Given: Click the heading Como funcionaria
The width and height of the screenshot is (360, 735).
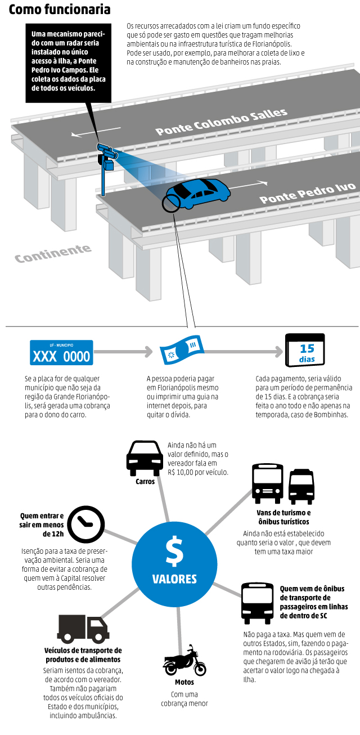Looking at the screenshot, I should pyautogui.click(x=60, y=10).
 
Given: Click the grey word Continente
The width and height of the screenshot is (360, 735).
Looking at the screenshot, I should pyautogui.click(x=53, y=254).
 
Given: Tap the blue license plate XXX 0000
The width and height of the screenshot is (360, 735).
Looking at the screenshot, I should pyautogui.click(x=61, y=353).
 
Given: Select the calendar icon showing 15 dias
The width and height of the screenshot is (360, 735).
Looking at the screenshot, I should pyautogui.click(x=305, y=351).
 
